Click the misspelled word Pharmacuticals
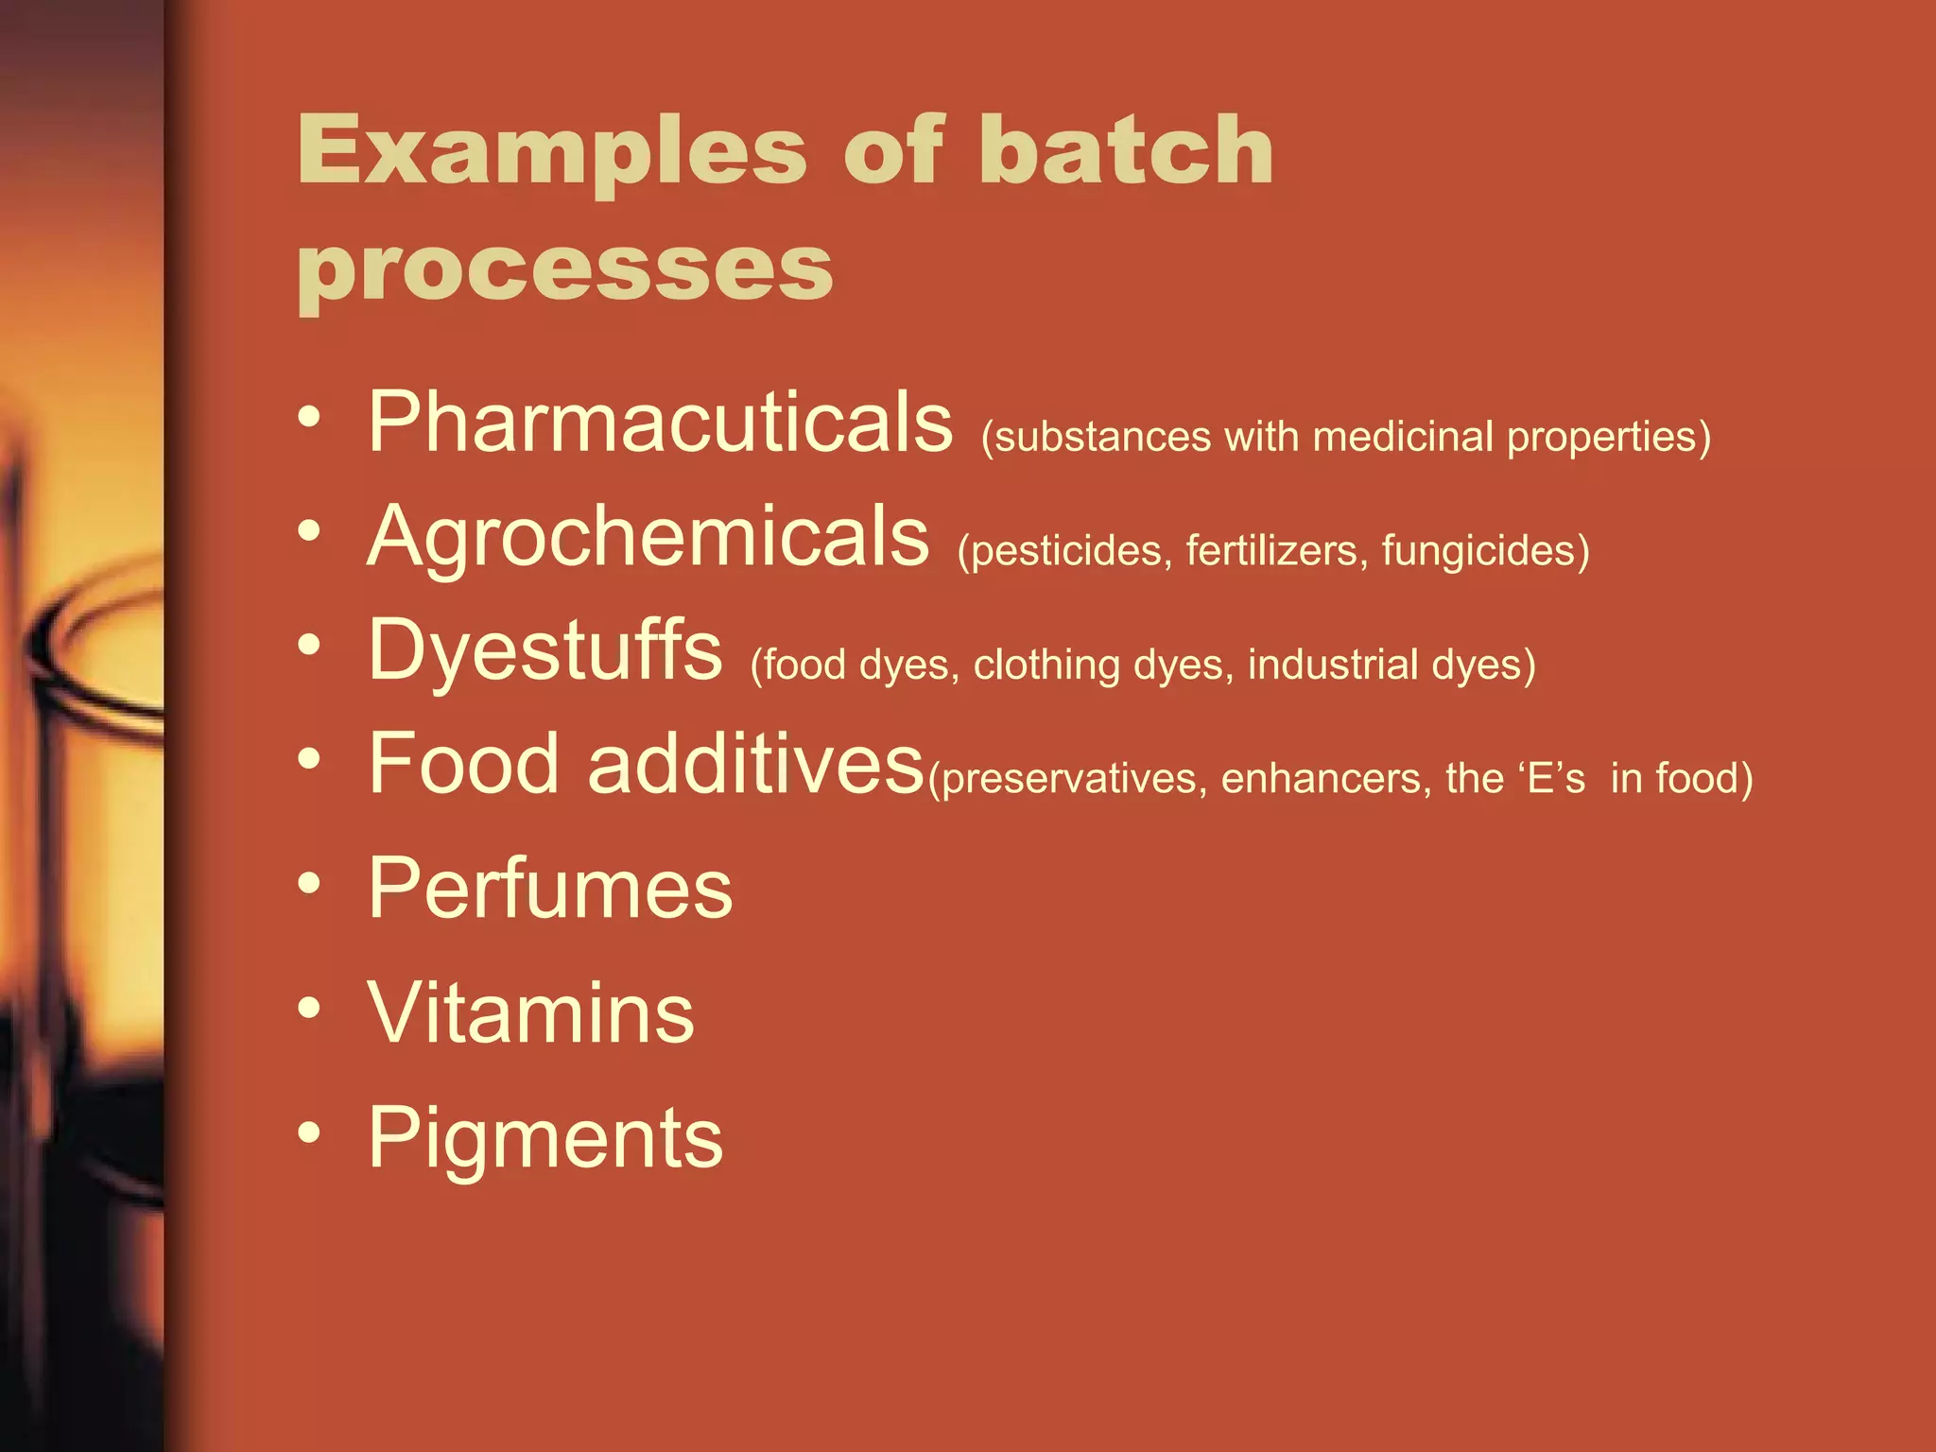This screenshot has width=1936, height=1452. tap(660, 423)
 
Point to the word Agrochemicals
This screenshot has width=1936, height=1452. tap(648, 537)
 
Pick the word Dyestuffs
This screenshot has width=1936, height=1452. tap(544, 650)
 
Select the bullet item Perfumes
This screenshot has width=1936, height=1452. tap(549, 889)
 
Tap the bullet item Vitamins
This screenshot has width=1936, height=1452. tap(530, 1013)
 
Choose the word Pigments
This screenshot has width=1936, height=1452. tap(544, 1138)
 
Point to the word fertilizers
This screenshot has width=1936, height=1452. tap(1271, 551)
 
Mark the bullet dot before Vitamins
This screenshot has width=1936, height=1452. tap(309, 1009)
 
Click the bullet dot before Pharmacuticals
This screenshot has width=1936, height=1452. tap(309, 417)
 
